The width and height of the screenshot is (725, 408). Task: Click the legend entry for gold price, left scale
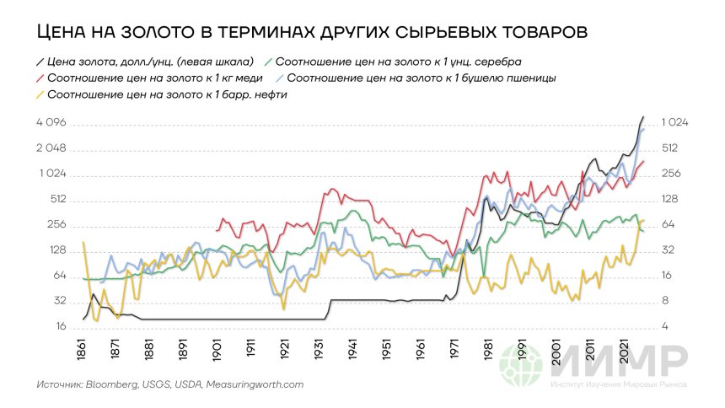coord(144,62)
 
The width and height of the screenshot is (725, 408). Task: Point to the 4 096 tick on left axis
coord(53,124)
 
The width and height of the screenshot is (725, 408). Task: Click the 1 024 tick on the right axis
coord(675,123)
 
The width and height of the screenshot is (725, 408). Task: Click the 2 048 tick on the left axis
coord(53,149)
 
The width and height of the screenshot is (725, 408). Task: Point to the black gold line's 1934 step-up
coord(330,309)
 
